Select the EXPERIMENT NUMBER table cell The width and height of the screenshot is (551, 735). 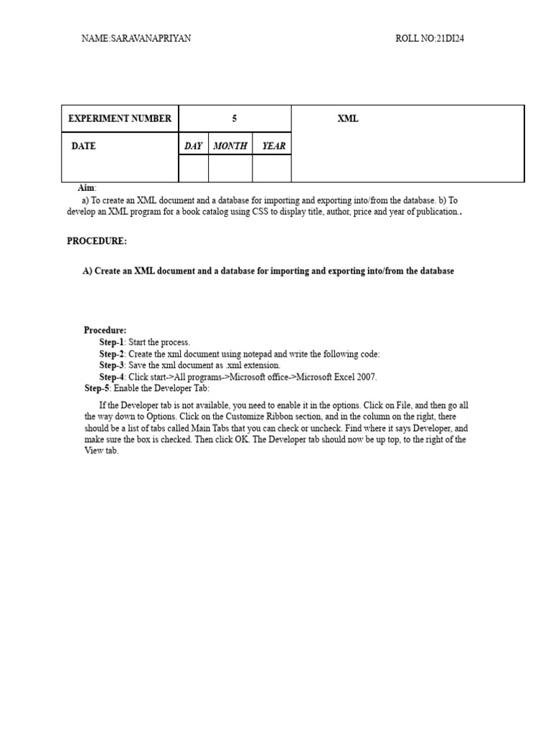120,118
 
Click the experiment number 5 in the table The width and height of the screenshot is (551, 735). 235,118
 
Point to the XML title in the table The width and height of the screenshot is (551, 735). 348,118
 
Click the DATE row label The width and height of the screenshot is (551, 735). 83,146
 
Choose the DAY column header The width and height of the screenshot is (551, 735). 193,146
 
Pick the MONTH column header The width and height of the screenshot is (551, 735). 230,146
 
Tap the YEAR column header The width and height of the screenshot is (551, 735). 273,146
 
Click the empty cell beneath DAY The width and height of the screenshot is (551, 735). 193,168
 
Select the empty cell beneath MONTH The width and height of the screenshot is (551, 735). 230,168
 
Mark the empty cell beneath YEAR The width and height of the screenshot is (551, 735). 272,168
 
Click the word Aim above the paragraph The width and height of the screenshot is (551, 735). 85,188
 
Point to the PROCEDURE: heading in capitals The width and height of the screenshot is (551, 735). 97,241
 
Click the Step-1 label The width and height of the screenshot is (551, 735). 112,342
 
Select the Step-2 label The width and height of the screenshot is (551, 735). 112,354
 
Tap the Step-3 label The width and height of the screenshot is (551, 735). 112,365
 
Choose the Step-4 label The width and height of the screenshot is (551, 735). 112,377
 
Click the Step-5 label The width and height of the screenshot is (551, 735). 97,388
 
